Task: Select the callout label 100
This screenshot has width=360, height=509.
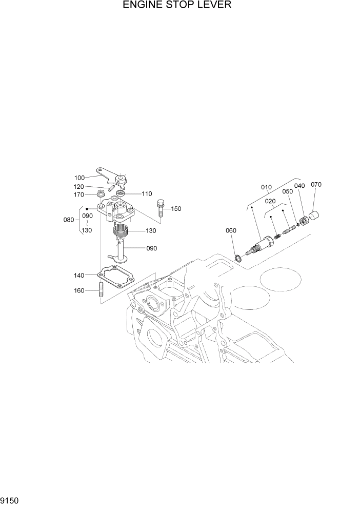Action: (x=79, y=178)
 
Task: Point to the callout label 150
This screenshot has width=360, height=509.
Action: (x=176, y=209)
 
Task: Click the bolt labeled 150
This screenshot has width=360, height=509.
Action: (x=161, y=208)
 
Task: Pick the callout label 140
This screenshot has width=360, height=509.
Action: (x=78, y=276)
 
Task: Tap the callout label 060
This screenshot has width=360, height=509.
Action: (x=231, y=230)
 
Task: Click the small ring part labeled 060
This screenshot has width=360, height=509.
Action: (x=239, y=256)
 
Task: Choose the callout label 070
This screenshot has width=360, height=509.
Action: (x=316, y=184)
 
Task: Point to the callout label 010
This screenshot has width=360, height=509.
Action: (x=267, y=187)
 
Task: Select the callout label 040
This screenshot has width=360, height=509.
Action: (x=299, y=186)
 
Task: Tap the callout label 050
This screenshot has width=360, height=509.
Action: (x=287, y=191)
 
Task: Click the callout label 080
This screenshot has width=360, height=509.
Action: (x=68, y=220)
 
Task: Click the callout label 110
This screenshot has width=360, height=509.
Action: (x=147, y=194)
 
